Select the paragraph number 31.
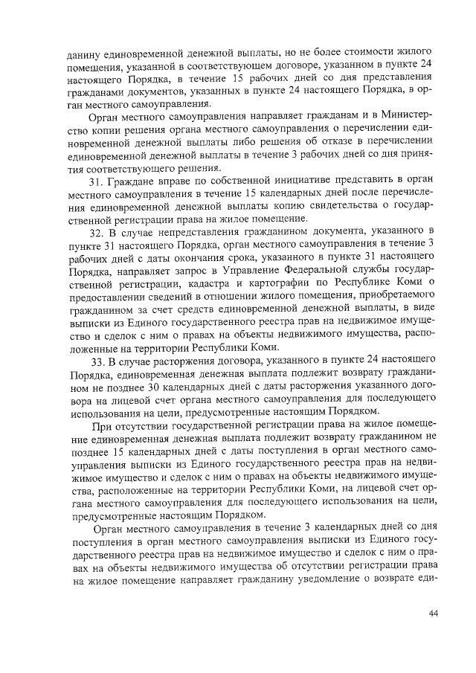[x=96, y=181]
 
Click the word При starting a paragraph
[x=97, y=429]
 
